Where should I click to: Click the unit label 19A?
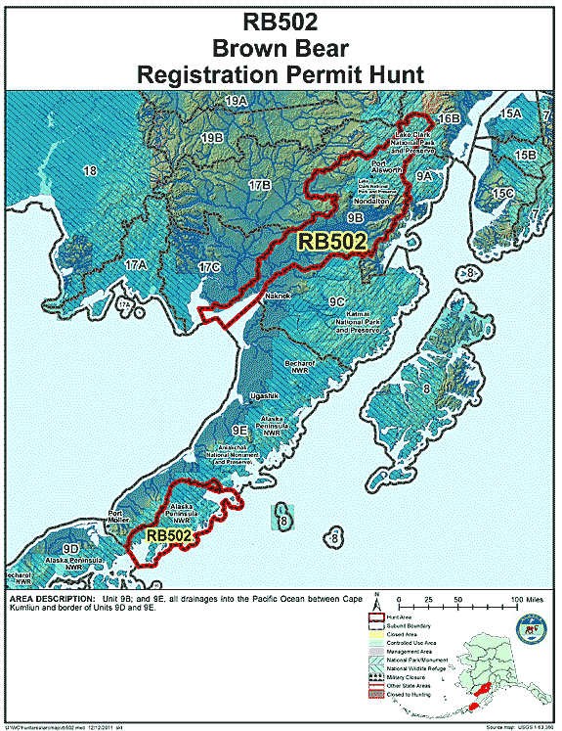pos(236,101)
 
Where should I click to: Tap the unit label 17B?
pos(259,184)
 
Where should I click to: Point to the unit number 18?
pos(90,171)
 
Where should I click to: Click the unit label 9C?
pos(337,301)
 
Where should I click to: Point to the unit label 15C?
pos(503,193)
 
